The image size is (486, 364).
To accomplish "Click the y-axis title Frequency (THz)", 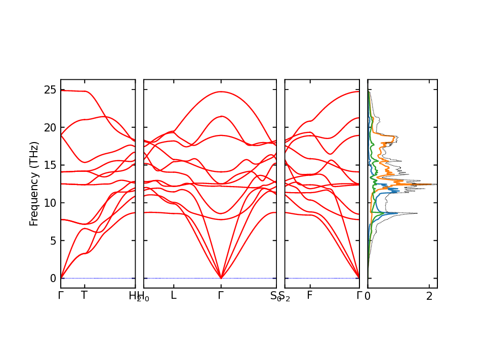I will tap(34, 184).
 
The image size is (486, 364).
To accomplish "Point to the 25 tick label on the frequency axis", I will tap(49, 89).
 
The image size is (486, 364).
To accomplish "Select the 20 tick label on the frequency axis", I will tap(49, 127).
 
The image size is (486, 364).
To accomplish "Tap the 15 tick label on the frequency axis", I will tap(49, 165).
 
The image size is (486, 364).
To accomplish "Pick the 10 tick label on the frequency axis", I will tap(49, 203).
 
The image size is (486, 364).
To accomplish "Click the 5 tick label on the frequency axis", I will tap(52, 241).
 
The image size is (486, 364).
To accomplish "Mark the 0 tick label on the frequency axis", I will tap(52, 279).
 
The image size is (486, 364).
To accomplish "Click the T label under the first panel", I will tap(84, 296).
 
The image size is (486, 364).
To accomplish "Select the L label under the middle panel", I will tap(174, 296).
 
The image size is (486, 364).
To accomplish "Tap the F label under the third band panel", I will tap(310, 296).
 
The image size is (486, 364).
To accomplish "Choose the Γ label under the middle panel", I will tap(221, 296).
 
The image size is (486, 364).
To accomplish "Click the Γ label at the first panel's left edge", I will tap(61, 296).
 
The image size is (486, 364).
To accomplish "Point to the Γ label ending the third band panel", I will tap(359, 296).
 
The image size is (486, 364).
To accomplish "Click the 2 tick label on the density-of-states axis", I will tap(429, 297).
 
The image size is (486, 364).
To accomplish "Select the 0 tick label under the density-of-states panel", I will tap(368, 297).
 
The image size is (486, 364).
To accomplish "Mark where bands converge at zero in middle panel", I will tap(221, 278).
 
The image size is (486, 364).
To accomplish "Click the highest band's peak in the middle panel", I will tap(221, 92).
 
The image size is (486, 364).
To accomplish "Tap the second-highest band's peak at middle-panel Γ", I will tap(221, 116).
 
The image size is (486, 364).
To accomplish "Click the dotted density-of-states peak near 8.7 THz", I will tap(417, 213).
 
